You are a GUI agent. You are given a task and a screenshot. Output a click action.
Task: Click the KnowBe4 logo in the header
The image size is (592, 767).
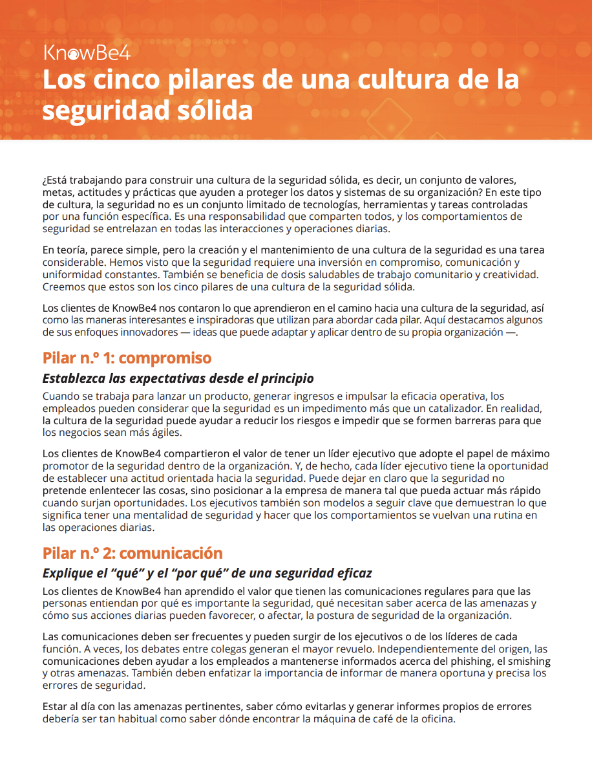click(87, 53)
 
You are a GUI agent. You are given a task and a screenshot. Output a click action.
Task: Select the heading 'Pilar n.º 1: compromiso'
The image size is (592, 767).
click(127, 358)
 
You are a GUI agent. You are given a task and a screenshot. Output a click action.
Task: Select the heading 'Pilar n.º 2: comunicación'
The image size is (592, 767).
click(132, 553)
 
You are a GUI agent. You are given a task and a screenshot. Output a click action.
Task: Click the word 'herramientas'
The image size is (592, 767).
click(394, 204)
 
